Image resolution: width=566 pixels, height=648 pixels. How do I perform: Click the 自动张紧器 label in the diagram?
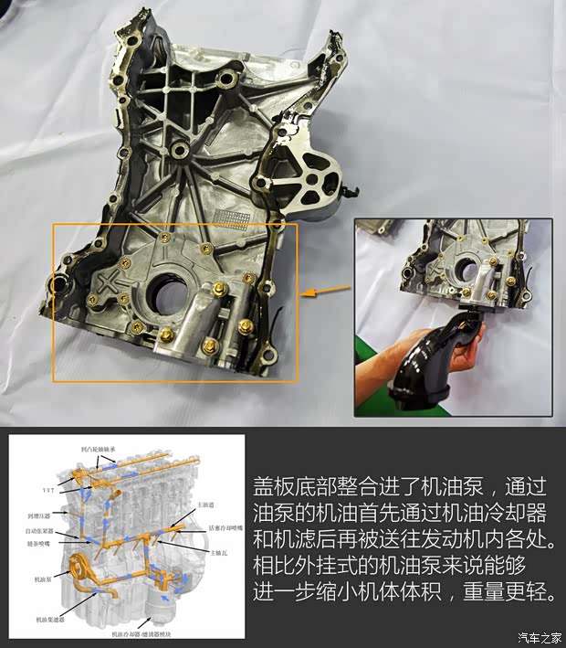[x=43, y=528]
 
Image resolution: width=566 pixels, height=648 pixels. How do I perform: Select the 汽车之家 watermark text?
[x=539, y=637]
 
